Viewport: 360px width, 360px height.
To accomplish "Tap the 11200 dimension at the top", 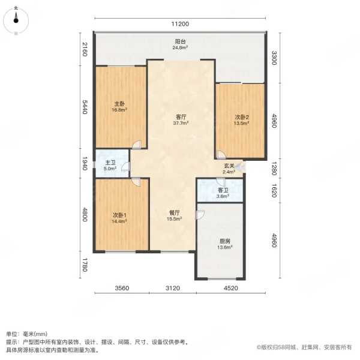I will (x=179, y=24).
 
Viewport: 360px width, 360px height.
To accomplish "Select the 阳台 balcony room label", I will (x=179, y=41).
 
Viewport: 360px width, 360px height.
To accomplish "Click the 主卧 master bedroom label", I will (x=121, y=103).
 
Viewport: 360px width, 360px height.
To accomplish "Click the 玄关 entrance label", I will (x=229, y=166).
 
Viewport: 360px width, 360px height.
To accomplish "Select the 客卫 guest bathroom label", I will (x=221, y=190).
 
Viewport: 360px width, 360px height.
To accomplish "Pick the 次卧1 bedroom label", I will (x=119, y=214).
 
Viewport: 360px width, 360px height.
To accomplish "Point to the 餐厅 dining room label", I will (x=174, y=212).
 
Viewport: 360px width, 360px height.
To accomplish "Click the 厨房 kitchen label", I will (x=223, y=241).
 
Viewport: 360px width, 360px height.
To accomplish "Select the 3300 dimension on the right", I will (x=274, y=58).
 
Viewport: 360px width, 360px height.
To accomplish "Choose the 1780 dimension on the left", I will (x=85, y=264).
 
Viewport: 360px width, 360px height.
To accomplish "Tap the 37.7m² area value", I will (x=181, y=123).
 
